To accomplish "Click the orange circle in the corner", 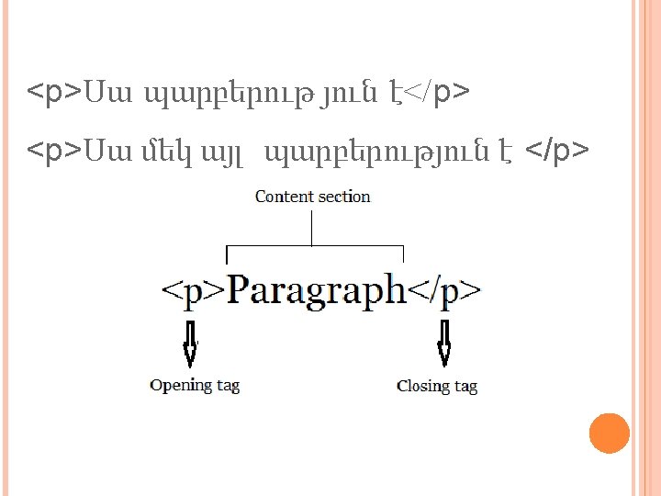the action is [x=608, y=434].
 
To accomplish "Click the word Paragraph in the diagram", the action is [x=317, y=290].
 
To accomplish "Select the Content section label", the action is [x=312, y=196].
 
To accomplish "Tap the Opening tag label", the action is [x=195, y=385].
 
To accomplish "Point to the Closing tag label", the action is [x=437, y=386].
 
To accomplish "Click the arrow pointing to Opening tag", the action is [x=191, y=344].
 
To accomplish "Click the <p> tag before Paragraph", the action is [x=192, y=291].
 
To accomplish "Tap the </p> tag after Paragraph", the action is [x=444, y=291].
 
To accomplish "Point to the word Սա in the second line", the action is [x=105, y=150].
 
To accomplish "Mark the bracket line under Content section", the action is [x=314, y=247].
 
